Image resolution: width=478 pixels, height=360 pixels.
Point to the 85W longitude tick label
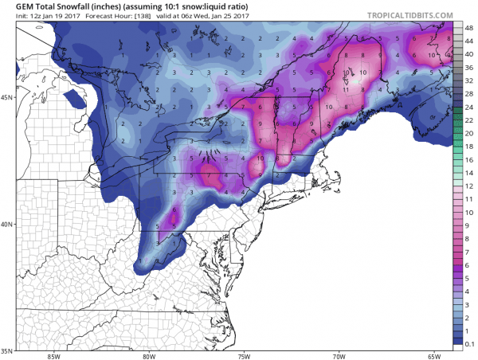coord(53,355)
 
